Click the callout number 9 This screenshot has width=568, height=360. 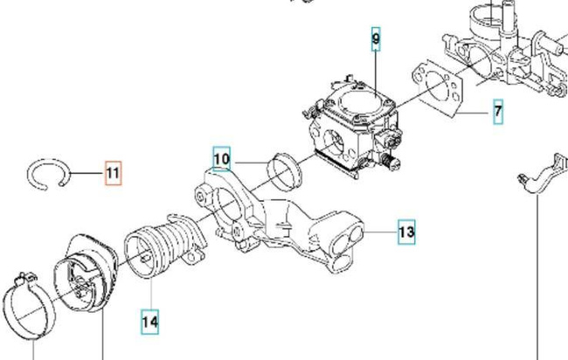(x=376, y=38)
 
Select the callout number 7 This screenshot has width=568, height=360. (x=497, y=113)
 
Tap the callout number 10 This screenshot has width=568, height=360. (x=221, y=159)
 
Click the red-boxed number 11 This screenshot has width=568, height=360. (x=113, y=174)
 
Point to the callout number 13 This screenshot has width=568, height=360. (x=406, y=232)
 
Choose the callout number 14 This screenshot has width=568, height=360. (x=150, y=322)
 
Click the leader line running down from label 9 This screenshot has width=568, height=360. (x=376, y=70)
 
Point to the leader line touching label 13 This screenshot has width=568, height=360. (x=383, y=232)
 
